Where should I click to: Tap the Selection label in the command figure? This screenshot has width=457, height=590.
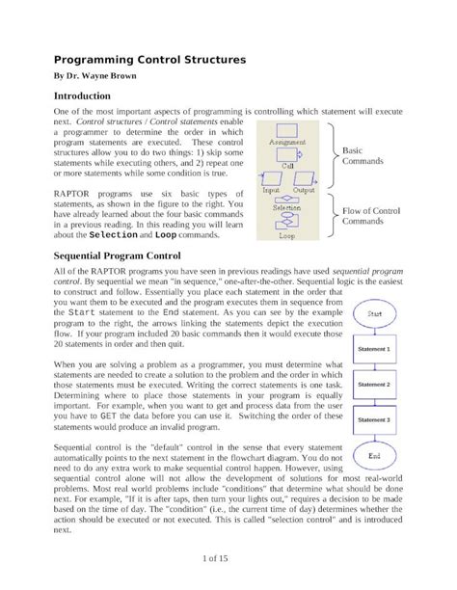coord(287,206)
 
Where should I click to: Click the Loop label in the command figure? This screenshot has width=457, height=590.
coord(287,234)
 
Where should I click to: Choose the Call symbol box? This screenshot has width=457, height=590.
coord(287,154)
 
